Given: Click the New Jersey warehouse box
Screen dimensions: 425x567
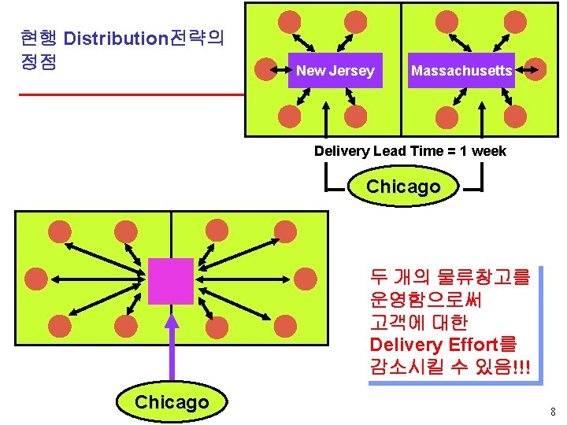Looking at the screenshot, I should pos(335,71).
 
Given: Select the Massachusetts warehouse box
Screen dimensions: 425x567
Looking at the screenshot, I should pos(461,71).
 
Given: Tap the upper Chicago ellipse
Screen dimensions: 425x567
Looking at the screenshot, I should pos(403,187).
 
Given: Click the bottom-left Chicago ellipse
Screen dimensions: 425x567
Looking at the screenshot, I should pos(172,403).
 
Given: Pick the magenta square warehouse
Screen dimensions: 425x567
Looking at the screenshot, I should pos(171,281).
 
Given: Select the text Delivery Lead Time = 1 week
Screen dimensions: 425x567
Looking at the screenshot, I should pos(409,151).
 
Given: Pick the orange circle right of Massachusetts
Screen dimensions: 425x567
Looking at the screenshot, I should pos(535,70).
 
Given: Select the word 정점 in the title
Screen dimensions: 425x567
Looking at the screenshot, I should pos(38,61).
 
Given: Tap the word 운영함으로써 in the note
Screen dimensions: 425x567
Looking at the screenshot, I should pos(425,300).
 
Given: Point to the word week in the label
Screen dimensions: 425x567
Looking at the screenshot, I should pos(488,151).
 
